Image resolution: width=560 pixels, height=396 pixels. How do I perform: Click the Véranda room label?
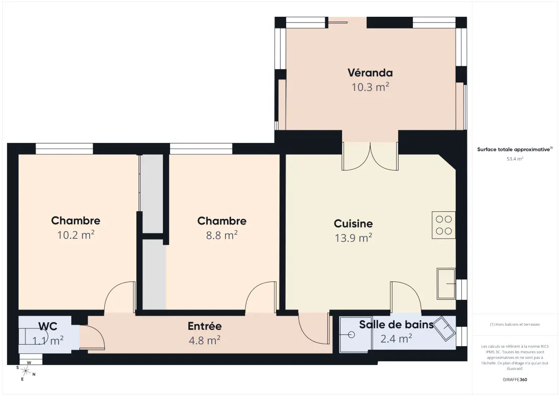click(370, 73)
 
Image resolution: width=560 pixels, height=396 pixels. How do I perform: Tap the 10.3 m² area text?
click(370, 87)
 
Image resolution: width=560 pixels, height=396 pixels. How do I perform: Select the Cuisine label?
click(353, 223)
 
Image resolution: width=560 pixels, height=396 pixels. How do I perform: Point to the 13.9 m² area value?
click(353, 238)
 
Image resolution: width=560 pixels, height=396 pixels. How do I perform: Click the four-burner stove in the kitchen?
click(443, 225)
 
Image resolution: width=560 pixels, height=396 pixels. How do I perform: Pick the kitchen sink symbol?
click(446, 284)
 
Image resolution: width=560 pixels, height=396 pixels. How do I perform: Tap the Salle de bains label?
click(396, 325)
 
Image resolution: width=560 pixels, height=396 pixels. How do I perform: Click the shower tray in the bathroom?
click(354, 334)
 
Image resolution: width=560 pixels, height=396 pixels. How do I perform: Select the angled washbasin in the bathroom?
click(445, 328)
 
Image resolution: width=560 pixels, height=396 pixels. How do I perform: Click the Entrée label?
click(205, 326)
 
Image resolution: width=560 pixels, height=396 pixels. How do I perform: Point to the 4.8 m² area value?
click(205, 341)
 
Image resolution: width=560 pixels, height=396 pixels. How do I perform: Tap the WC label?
click(48, 326)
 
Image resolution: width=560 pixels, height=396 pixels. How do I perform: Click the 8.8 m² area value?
click(222, 235)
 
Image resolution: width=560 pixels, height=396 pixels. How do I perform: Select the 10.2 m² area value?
click(76, 235)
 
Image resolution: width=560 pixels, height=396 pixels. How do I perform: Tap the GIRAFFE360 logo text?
click(515, 380)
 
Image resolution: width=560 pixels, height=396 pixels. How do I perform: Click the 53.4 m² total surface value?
click(515, 159)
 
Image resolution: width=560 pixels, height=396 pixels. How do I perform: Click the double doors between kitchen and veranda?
click(370, 156)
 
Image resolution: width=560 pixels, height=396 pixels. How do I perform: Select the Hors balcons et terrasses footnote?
click(515, 325)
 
